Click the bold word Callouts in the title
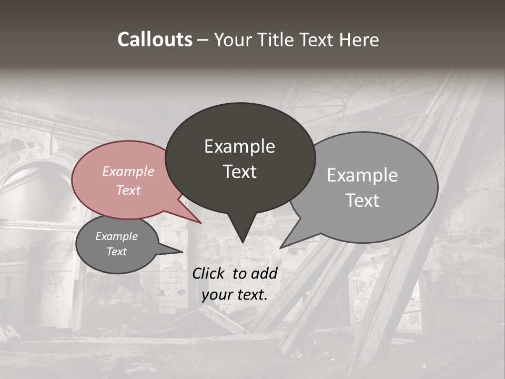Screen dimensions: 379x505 coord(155,39)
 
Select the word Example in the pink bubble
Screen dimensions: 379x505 coord(128,171)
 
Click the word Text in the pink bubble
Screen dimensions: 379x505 coord(128,190)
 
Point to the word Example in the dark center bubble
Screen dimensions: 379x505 coord(239,146)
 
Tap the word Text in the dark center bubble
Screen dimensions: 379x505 coord(239,172)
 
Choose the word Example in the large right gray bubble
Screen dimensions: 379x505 coord(362,175)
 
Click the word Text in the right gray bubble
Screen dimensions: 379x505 coord(362,201)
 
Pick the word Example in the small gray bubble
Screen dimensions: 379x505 coord(116,236)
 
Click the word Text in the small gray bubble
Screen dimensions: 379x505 coord(116,252)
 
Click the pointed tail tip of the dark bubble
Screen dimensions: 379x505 coord(242,242)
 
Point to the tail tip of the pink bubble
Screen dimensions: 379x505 coord(200,223)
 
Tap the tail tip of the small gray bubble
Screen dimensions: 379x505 coord(182,252)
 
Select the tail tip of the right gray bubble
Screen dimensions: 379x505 coord(280,247)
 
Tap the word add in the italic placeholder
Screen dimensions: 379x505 coord(265,273)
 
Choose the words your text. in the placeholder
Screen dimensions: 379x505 coord(235,295)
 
